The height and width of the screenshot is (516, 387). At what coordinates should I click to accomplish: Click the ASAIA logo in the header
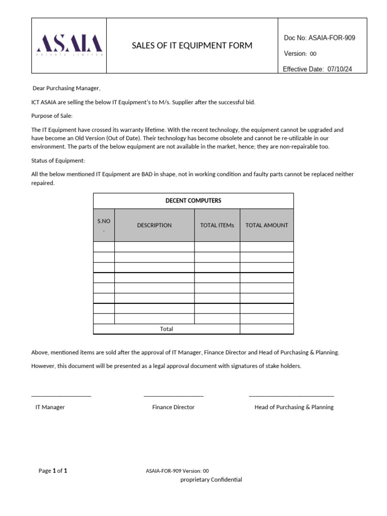(x=70, y=45)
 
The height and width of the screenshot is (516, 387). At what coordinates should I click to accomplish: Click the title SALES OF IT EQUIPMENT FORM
(x=192, y=46)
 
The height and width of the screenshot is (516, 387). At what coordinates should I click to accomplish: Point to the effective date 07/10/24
(x=340, y=70)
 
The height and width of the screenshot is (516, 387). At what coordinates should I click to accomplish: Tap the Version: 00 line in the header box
(x=300, y=54)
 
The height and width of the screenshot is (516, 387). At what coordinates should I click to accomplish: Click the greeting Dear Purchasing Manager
(x=67, y=89)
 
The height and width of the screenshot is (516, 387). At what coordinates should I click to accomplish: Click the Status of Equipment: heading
(x=58, y=161)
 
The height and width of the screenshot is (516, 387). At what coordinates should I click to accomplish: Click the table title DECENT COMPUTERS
(x=193, y=201)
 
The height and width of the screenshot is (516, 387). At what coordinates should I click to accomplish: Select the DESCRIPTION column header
(x=154, y=225)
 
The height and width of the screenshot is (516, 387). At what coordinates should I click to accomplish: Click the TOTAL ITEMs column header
(x=217, y=225)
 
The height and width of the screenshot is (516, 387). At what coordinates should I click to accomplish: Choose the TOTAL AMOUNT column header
(x=267, y=225)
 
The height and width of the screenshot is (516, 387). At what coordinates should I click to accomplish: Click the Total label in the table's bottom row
(x=166, y=329)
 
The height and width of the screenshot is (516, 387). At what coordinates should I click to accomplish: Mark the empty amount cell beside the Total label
(x=267, y=329)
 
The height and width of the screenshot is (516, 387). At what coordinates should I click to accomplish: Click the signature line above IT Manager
(x=61, y=396)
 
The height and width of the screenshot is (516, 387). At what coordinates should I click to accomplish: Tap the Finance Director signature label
(x=173, y=407)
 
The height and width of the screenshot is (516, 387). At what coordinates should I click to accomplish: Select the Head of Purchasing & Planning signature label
(x=294, y=407)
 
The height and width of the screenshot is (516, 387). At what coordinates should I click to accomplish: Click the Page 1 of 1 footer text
(x=53, y=471)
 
